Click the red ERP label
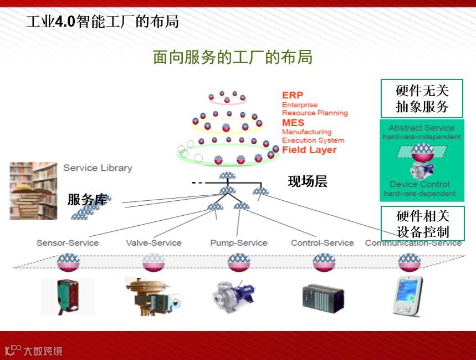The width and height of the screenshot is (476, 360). coord(293,95)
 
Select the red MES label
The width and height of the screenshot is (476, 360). coord(293,123)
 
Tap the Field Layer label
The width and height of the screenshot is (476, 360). coord(309,150)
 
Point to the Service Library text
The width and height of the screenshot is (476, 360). coord(98,168)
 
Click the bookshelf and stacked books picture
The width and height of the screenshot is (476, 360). coord(33,190)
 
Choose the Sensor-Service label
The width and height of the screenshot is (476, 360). coord(68,242)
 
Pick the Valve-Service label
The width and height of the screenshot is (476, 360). coord(153,242)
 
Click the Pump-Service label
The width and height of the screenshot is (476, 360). coord(239,242)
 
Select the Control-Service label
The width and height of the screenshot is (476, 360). coord(323,242)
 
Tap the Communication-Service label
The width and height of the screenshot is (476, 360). coord(413,243)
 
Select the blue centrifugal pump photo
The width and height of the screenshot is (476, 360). coord(233,296)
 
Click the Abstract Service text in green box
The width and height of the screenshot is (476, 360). coord(421,128)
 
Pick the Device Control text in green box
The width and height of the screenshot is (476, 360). coord(419,184)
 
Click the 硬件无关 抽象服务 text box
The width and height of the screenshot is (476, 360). coord(422,98)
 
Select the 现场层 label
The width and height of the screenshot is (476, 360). coord(308,181)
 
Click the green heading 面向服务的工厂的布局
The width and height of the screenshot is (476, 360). coord(233,57)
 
